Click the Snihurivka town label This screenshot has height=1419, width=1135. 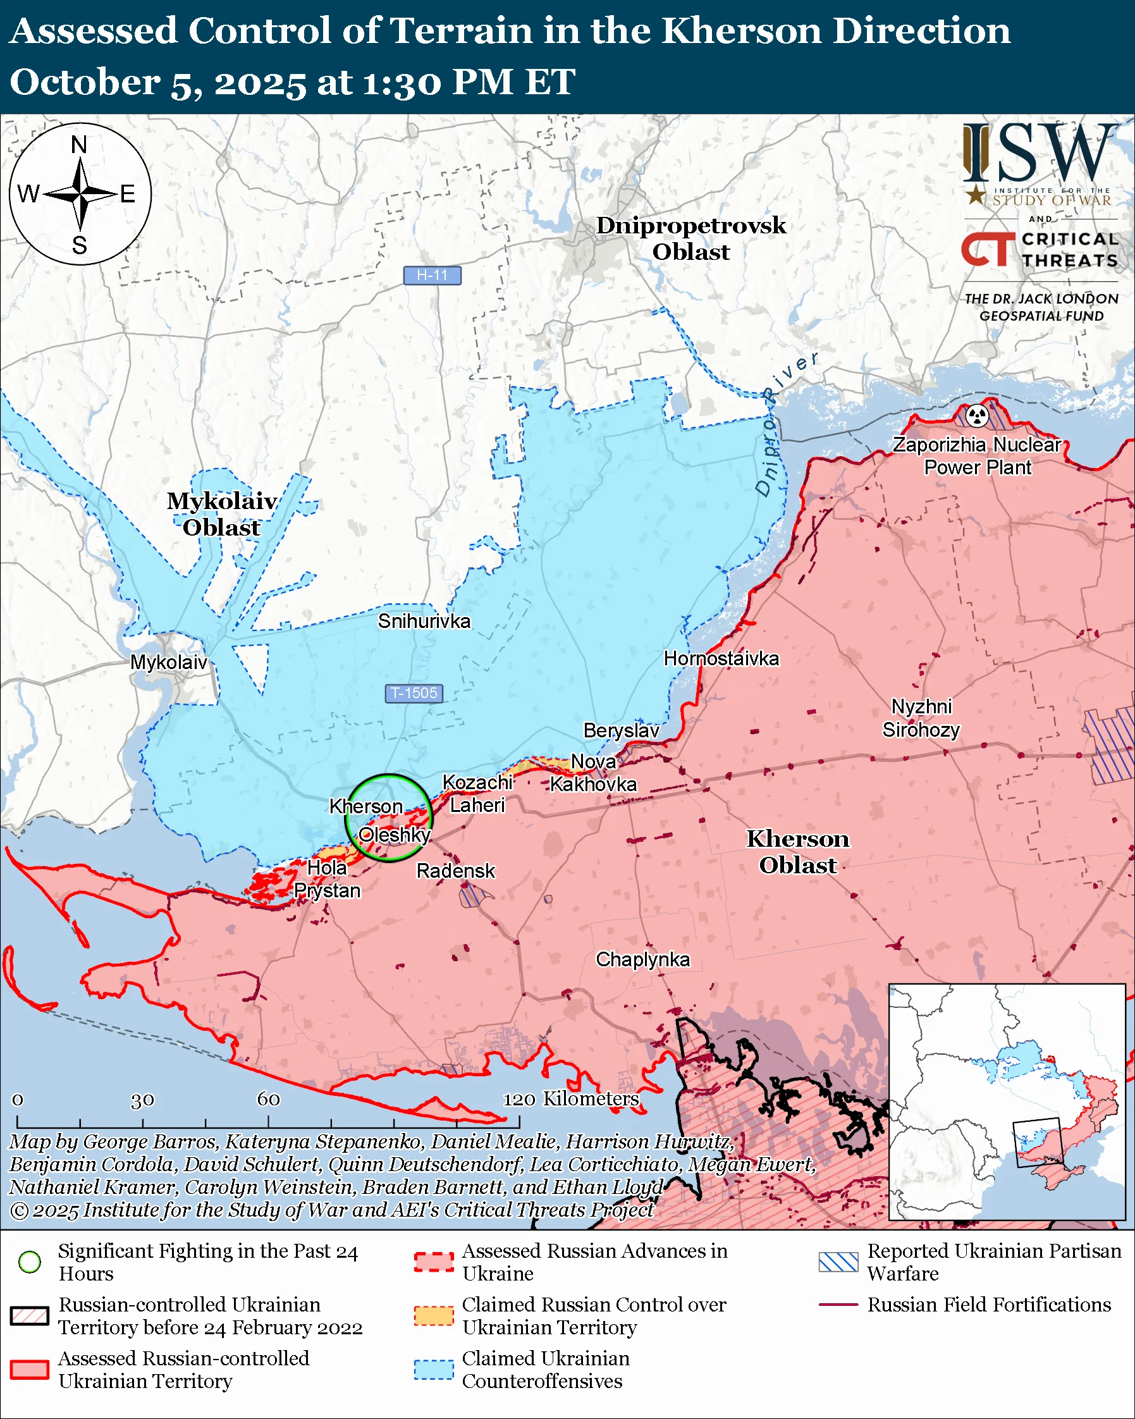point(424,622)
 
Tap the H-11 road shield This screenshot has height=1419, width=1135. point(432,275)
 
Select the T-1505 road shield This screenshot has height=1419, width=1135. point(413,693)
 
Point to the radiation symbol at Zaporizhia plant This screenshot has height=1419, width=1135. point(977,415)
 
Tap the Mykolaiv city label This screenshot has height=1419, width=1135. point(168,662)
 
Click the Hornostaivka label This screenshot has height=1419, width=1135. point(721,659)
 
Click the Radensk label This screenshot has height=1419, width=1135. point(455,871)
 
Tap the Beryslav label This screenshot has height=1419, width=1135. point(621,730)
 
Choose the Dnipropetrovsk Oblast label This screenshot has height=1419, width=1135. point(691,238)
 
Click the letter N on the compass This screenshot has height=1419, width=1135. point(79,144)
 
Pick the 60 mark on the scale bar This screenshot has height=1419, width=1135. point(269,1099)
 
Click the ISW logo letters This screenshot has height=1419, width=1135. point(1040,154)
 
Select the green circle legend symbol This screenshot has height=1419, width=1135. point(30,1262)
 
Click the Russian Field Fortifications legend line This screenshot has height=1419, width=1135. point(838,1305)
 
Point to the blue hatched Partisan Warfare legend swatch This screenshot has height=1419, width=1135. point(838,1262)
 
